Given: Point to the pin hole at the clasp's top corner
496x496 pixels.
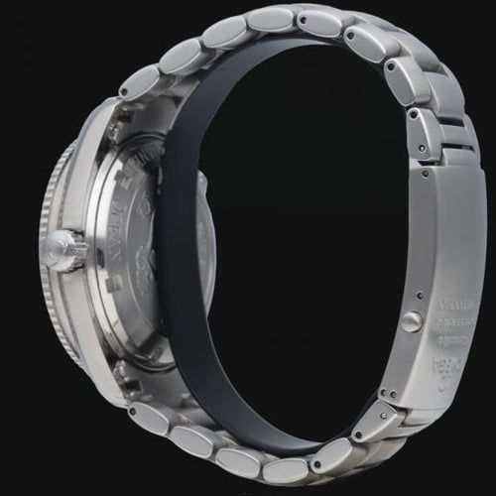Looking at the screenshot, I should pos(425,173).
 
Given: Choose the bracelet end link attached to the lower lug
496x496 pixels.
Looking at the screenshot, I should pos(149,417).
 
